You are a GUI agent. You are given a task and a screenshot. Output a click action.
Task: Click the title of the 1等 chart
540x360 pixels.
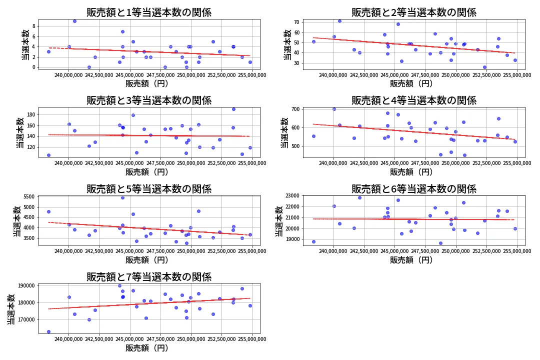(x=149, y=12)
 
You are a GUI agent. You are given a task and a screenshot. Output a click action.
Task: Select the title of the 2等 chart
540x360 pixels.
(x=413, y=12)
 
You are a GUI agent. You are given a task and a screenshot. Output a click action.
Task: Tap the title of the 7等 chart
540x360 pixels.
(x=149, y=277)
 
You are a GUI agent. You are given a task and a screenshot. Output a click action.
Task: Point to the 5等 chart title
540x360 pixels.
(x=149, y=189)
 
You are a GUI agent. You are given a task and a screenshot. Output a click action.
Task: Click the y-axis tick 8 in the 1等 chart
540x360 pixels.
(x=34, y=26)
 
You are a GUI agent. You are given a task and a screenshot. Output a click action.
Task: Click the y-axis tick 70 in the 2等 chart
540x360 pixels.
(x=296, y=22)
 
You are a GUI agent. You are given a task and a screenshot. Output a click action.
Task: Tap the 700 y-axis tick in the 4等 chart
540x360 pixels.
(x=295, y=109)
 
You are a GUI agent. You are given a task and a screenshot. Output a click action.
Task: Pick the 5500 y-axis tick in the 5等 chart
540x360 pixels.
(x=28, y=197)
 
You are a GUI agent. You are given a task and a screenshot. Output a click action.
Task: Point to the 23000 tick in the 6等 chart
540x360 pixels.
(x=292, y=195)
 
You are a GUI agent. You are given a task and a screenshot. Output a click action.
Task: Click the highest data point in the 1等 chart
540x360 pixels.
(x=74, y=21)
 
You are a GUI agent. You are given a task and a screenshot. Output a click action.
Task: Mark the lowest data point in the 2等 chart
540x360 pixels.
(x=484, y=67)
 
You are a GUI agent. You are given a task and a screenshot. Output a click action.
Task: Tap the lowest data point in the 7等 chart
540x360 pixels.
(x=48, y=331)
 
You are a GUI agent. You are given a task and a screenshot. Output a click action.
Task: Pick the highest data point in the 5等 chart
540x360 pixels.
(x=122, y=197)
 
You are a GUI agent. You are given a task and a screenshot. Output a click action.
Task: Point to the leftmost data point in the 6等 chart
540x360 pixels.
(x=313, y=241)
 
